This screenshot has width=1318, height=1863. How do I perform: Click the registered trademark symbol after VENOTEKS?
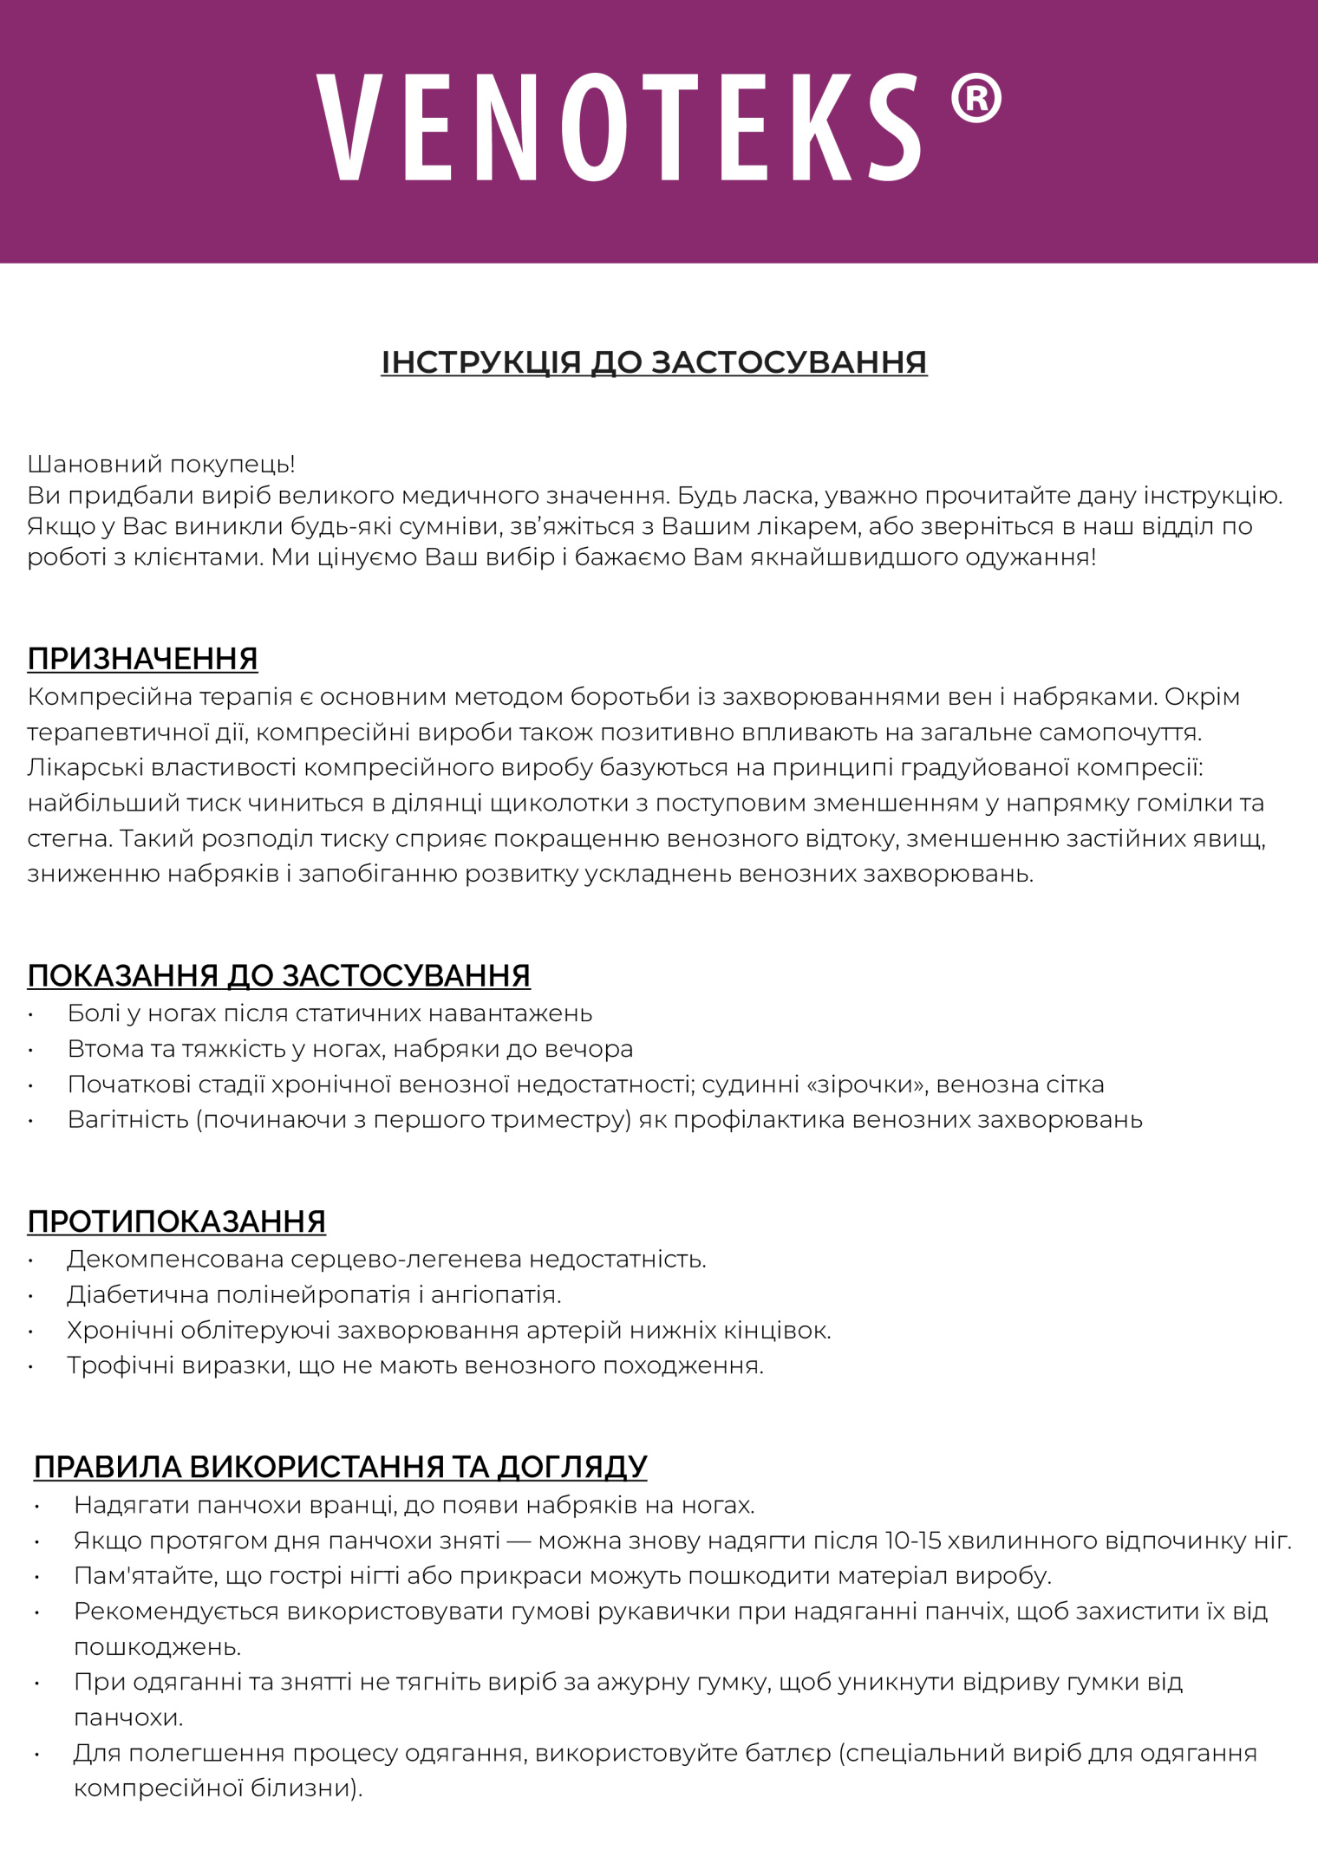pos(975,98)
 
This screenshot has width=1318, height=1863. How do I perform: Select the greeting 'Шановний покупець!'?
pos(161,464)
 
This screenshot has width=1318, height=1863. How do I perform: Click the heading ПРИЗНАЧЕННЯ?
pos(142,659)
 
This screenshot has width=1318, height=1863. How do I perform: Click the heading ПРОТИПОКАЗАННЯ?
pos(176,1221)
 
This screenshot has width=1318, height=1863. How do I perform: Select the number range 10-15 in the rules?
pos(912,1541)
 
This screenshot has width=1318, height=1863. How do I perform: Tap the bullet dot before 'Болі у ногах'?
pos(31,1015)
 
